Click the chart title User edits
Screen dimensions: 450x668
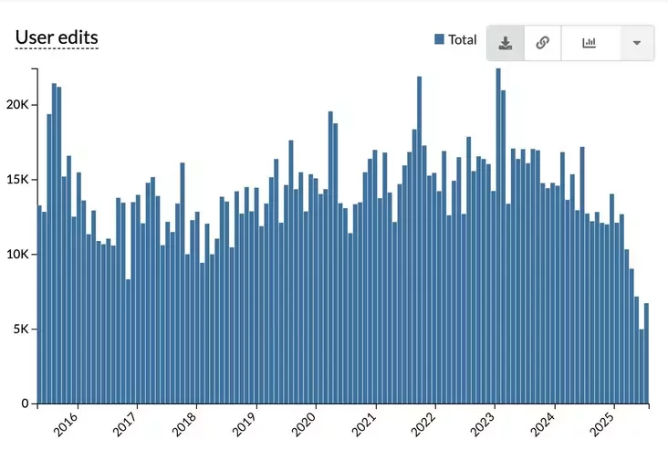click(x=57, y=37)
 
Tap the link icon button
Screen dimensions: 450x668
click(x=542, y=43)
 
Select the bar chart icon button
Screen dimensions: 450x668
click(x=590, y=43)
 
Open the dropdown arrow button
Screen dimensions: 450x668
click(x=636, y=43)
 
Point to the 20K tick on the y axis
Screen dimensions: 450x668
click(x=18, y=105)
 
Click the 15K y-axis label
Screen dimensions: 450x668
click(x=18, y=180)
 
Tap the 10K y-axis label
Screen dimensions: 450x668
click(x=18, y=254)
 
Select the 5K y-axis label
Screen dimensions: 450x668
click(x=22, y=329)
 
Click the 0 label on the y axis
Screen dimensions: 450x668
click(x=26, y=403)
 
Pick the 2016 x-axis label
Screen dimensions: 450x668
click(x=68, y=424)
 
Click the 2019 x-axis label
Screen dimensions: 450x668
click(x=245, y=424)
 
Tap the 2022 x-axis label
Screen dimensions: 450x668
click(x=424, y=424)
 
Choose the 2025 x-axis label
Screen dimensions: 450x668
click(x=603, y=424)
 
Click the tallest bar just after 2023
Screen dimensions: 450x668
click(x=498, y=235)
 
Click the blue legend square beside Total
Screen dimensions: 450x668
click(x=439, y=39)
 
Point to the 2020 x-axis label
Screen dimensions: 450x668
click(x=305, y=424)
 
